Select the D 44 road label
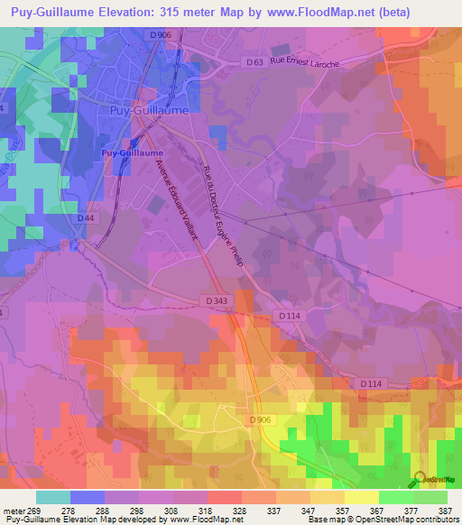(x=86, y=218)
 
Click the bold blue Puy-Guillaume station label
(x=125, y=153)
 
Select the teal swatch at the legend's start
(x=53, y=497)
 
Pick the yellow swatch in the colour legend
(x=361, y=497)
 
